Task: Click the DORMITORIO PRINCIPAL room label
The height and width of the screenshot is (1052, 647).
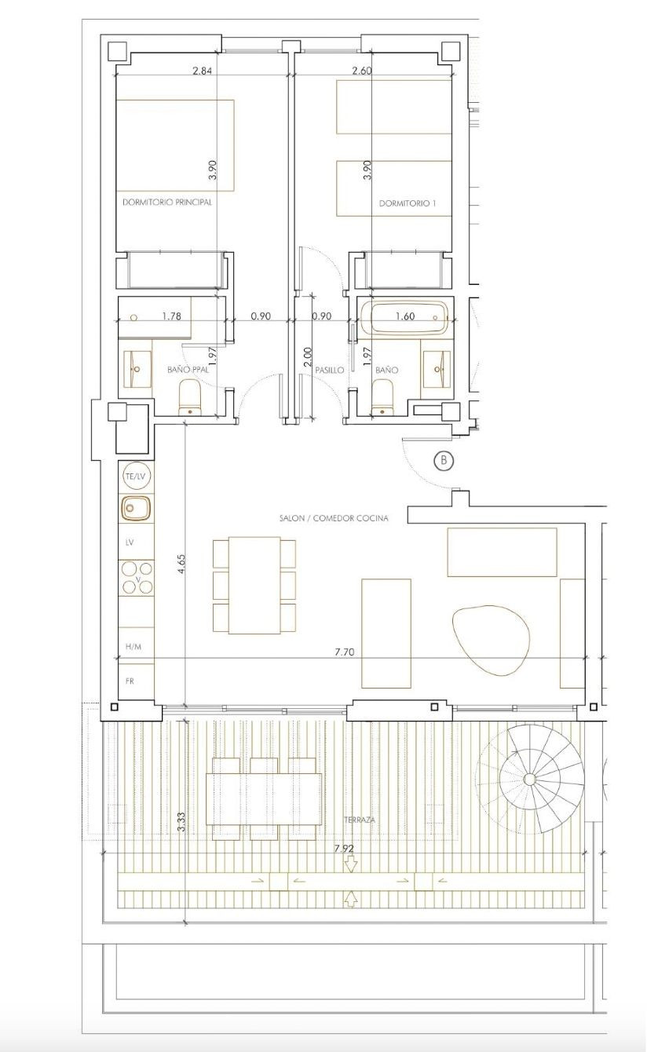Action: pos(167,202)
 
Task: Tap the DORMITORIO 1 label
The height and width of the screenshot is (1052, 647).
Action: pos(408,203)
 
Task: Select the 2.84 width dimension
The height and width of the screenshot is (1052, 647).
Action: pos(203,71)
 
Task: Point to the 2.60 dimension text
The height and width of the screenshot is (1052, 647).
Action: pos(362,71)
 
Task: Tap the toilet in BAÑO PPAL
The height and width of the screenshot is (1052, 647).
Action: pos(191,396)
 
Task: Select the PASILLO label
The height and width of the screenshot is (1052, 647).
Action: pos(330,370)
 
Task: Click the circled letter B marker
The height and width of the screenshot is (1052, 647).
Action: pos(444,461)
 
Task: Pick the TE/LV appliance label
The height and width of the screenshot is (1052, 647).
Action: pos(136,477)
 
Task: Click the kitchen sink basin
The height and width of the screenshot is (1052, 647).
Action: pos(136,509)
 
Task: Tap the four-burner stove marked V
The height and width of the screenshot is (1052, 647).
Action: pos(136,579)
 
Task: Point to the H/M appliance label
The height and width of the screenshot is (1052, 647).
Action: pos(133,647)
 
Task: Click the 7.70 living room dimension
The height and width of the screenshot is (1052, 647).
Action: pos(345,652)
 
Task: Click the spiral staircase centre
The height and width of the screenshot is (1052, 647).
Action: pos(529,779)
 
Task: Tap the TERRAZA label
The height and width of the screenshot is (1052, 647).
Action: pos(359,820)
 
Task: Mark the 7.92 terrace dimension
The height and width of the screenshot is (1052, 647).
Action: pos(345,849)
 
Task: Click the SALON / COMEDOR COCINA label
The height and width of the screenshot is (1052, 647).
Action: pos(334,518)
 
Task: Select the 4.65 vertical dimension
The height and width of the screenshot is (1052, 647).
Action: pos(181,565)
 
